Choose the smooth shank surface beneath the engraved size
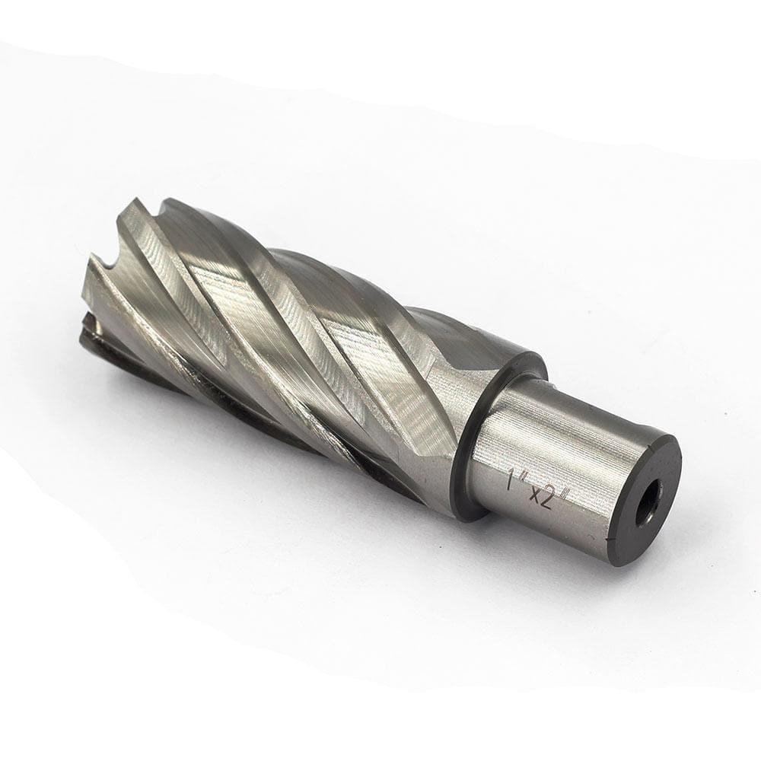[548, 533]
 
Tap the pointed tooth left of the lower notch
[89, 259]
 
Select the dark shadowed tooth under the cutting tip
[88, 335]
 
